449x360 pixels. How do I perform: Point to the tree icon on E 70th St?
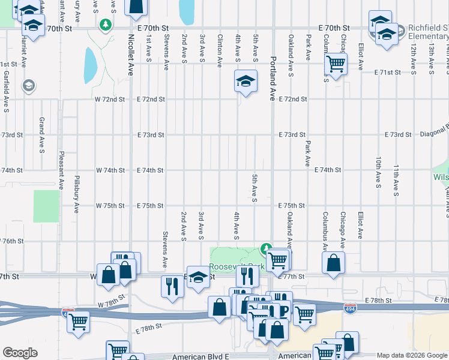[106, 25]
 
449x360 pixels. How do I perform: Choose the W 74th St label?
[110, 170]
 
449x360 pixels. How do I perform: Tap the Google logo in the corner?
[20, 353]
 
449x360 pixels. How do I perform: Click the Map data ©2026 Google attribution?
[411, 355]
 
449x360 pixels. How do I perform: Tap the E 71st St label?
[387, 73]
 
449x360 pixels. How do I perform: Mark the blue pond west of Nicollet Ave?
[90, 65]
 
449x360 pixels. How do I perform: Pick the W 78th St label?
[110, 298]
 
